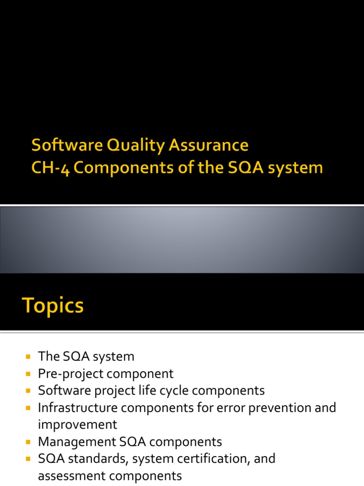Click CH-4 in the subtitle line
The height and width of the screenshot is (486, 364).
coord(51,168)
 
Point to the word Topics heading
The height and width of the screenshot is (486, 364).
coord(53,306)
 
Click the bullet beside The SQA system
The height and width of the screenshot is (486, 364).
coord(27,356)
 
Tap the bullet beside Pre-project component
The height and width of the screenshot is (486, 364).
coord(27,374)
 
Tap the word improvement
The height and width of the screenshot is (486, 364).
coord(77,424)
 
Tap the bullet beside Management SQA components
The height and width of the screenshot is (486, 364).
coord(27,442)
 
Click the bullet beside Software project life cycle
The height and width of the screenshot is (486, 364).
coord(27,391)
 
